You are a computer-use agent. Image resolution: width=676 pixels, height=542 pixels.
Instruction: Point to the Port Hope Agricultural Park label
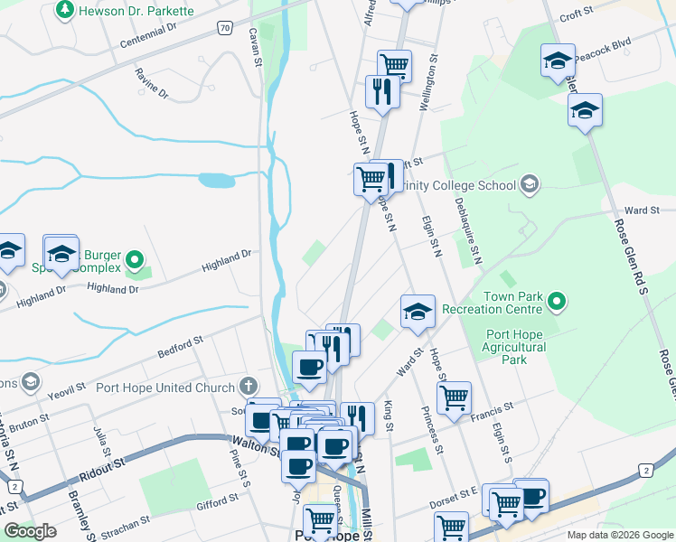click(x=514, y=347)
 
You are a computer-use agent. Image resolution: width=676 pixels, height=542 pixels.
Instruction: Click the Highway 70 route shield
click(x=224, y=29)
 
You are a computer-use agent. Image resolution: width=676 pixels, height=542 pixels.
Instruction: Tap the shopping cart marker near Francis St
click(x=454, y=396)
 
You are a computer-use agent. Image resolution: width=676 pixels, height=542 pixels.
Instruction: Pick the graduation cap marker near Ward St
click(x=418, y=311)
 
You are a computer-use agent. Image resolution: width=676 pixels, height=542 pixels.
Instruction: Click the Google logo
click(x=30, y=531)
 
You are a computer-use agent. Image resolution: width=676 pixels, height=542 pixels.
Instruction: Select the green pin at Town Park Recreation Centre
click(x=558, y=302)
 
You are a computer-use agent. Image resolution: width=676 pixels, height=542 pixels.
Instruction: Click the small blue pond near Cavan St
click(x=216, y=180)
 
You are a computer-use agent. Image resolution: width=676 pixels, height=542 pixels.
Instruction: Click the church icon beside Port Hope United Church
click(x=250, y=388)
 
